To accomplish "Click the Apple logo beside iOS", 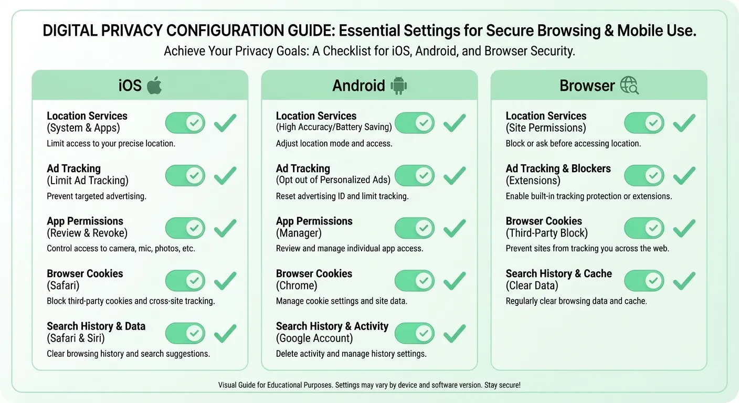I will (154, 85).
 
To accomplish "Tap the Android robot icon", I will (399, 85).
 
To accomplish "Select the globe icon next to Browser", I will (629, 85).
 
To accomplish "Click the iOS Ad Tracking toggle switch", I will (185, 175).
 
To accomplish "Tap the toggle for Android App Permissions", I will (414, 228).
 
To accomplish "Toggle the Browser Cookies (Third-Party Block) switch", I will (643, 228).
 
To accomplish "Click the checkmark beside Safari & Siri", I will (225, 333).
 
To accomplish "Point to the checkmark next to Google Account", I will (455, 333).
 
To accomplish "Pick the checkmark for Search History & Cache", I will (684, 280).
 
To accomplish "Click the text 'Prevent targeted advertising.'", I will (97, 196).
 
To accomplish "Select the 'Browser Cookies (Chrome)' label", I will (314, 279).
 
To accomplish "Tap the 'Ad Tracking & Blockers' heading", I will (558, 168).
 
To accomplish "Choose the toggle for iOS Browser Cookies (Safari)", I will (185, 280).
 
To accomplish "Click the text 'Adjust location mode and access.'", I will (334, 144).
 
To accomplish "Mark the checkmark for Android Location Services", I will (455, 123).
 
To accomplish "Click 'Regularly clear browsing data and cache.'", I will (576, 301).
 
